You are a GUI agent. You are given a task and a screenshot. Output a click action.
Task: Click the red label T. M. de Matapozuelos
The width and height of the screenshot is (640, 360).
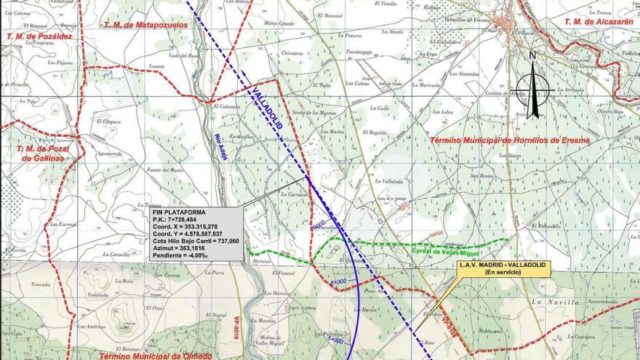pos(145,25)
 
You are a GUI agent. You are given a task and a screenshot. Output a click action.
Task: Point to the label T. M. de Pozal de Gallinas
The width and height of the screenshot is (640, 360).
pos(41,153)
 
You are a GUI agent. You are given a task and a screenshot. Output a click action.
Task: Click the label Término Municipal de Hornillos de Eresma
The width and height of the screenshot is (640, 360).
pos(508,140)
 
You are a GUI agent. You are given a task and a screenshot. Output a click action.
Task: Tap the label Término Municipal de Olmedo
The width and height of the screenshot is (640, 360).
pos(155,356)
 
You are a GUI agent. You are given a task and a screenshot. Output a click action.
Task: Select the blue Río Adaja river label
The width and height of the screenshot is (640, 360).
pos(223,145)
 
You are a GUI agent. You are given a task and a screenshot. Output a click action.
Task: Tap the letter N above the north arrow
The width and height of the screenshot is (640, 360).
pos(533,55)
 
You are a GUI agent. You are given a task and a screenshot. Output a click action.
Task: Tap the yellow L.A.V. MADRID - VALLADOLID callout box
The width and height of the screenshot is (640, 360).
pos(502,268)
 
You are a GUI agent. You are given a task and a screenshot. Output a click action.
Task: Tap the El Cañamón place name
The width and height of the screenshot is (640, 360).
pos(227,106)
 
